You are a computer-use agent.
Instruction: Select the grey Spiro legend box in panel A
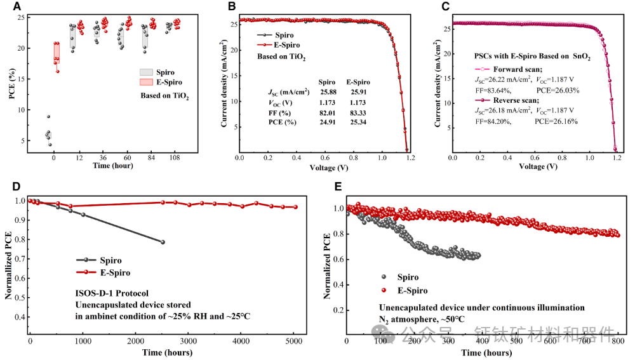pyautogui.click(x=146, y=72)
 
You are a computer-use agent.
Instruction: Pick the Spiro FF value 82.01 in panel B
pyautogui.click(x=326, y=112)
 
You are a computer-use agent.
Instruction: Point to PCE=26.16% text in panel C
pyautogui.click(x=556, y=121)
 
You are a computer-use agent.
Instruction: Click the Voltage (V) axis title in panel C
pyautogui.click(x=538, y=166)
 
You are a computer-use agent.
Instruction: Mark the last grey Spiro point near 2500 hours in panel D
pyautogui.click(x=163, y=242)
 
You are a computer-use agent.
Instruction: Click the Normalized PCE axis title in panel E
pyautogui.click(x=326, y=267)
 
